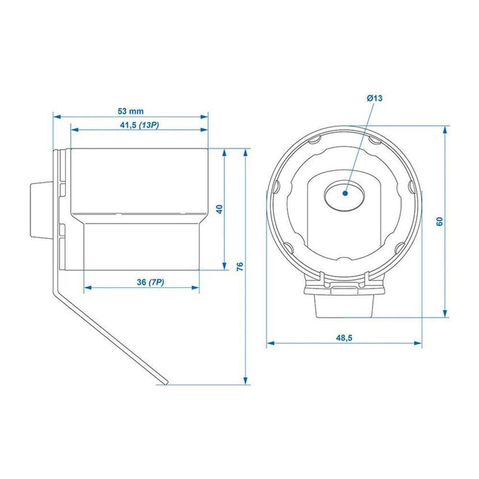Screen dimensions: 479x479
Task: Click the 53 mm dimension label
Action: click(x=130, y=111)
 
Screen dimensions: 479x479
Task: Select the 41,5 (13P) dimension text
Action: click(x=139, y=125)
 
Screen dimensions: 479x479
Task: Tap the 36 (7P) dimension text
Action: click(x=150, y=282)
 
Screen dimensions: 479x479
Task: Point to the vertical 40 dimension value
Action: click(x=219, y=209)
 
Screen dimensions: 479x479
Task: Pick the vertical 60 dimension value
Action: click(x=440, y=221)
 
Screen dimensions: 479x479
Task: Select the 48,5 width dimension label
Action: click(x=344, y=338)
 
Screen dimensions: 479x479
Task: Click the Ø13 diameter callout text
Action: click(x=375, y=98)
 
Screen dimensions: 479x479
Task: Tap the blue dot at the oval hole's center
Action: click(x=345, y=193)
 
